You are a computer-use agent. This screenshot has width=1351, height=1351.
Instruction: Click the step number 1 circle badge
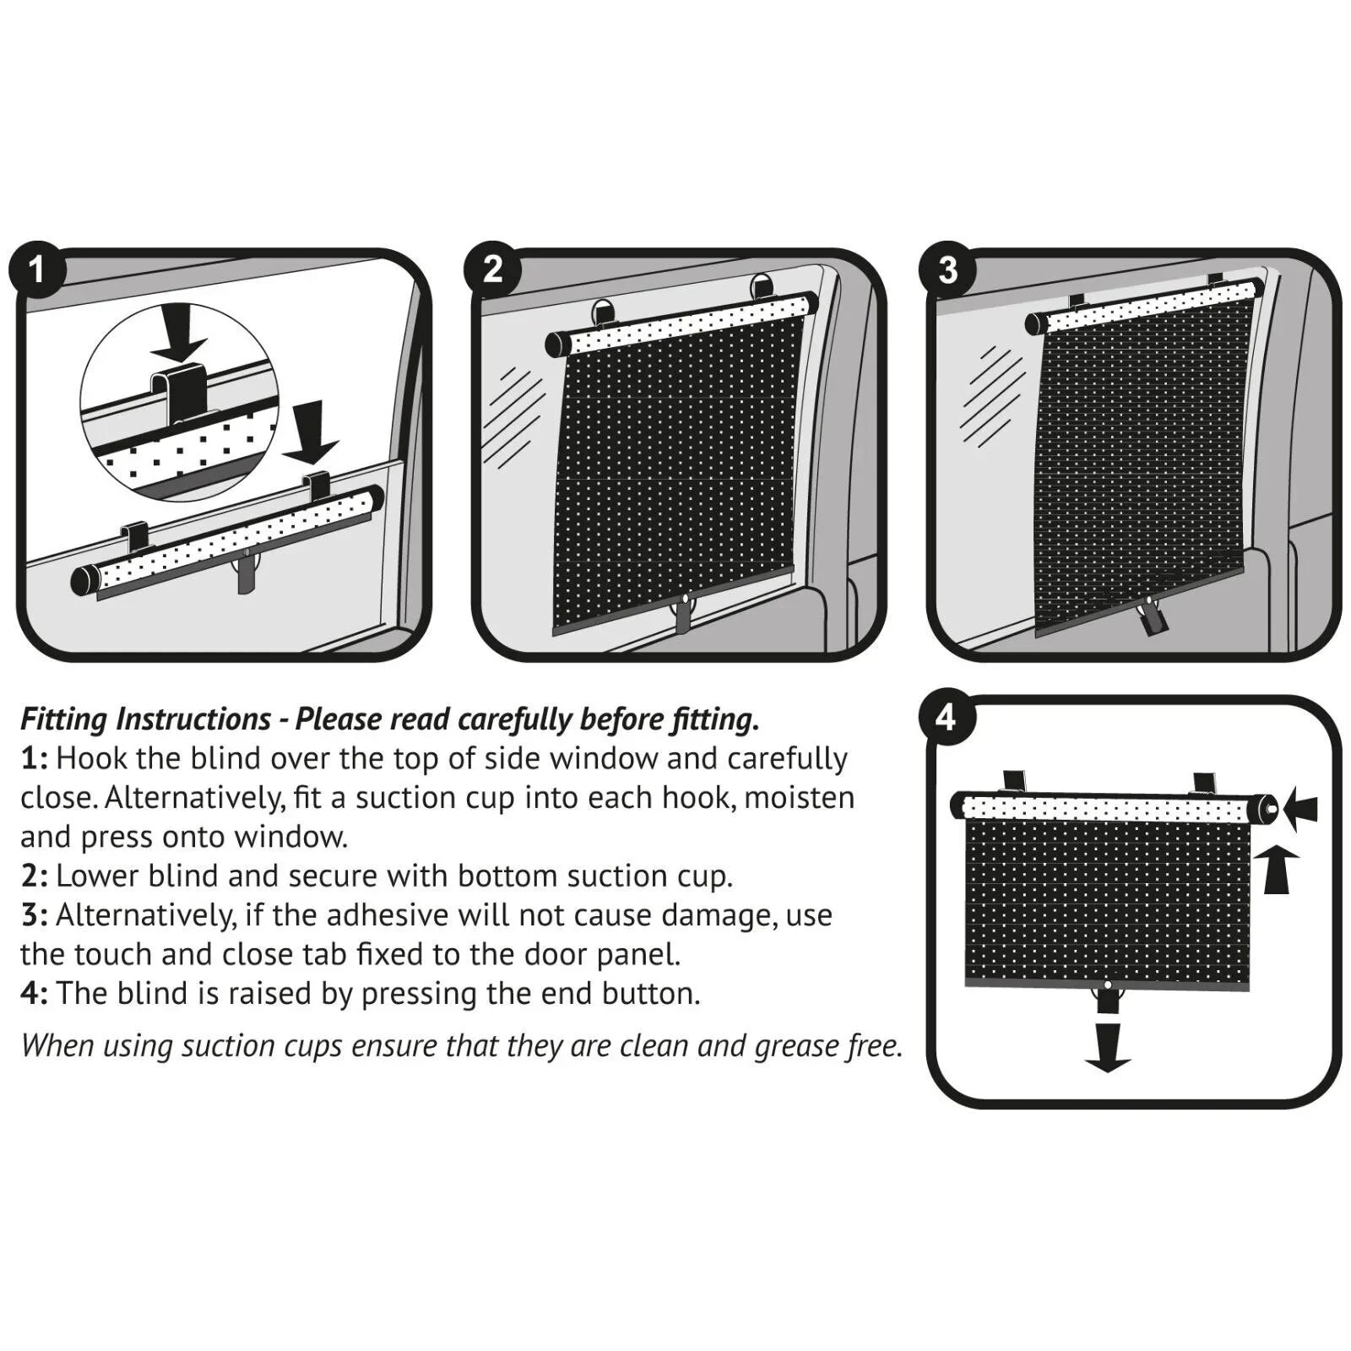[36, 269]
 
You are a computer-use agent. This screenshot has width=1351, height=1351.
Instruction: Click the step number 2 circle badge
[492, 269]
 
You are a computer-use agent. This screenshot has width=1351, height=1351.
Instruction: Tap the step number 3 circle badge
[947, 269]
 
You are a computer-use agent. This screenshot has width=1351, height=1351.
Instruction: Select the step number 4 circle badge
[946, 717]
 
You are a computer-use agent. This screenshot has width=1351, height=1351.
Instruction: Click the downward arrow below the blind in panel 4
[1107, 1047]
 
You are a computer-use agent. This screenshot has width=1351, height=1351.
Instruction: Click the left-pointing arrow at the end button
[1301, 809]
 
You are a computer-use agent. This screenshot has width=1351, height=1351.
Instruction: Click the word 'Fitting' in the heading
[64, 719]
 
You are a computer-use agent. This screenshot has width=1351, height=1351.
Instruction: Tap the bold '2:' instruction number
[35, 876]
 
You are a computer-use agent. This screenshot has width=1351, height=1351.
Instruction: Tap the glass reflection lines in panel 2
[513, 418]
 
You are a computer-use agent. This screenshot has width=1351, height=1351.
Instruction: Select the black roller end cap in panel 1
[84, 581]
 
